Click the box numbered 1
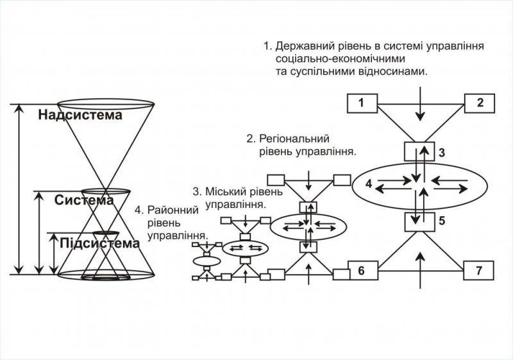[362, 102]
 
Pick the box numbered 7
[479, 271]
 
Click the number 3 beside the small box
[442, 153]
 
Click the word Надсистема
[80, 116]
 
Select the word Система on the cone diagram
[83, 200]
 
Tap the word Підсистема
[99, 243]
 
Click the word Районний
[171, 210]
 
